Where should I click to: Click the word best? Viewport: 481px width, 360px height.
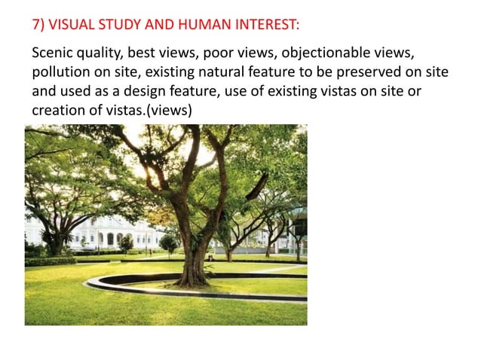142,54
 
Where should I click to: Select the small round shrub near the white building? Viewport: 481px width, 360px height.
127,243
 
